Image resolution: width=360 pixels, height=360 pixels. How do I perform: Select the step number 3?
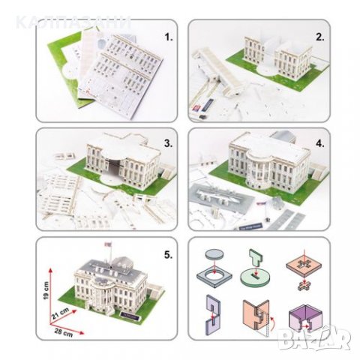(x=168, y=141)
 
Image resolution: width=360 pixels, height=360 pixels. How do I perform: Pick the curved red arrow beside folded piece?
(x=266, y=327)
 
